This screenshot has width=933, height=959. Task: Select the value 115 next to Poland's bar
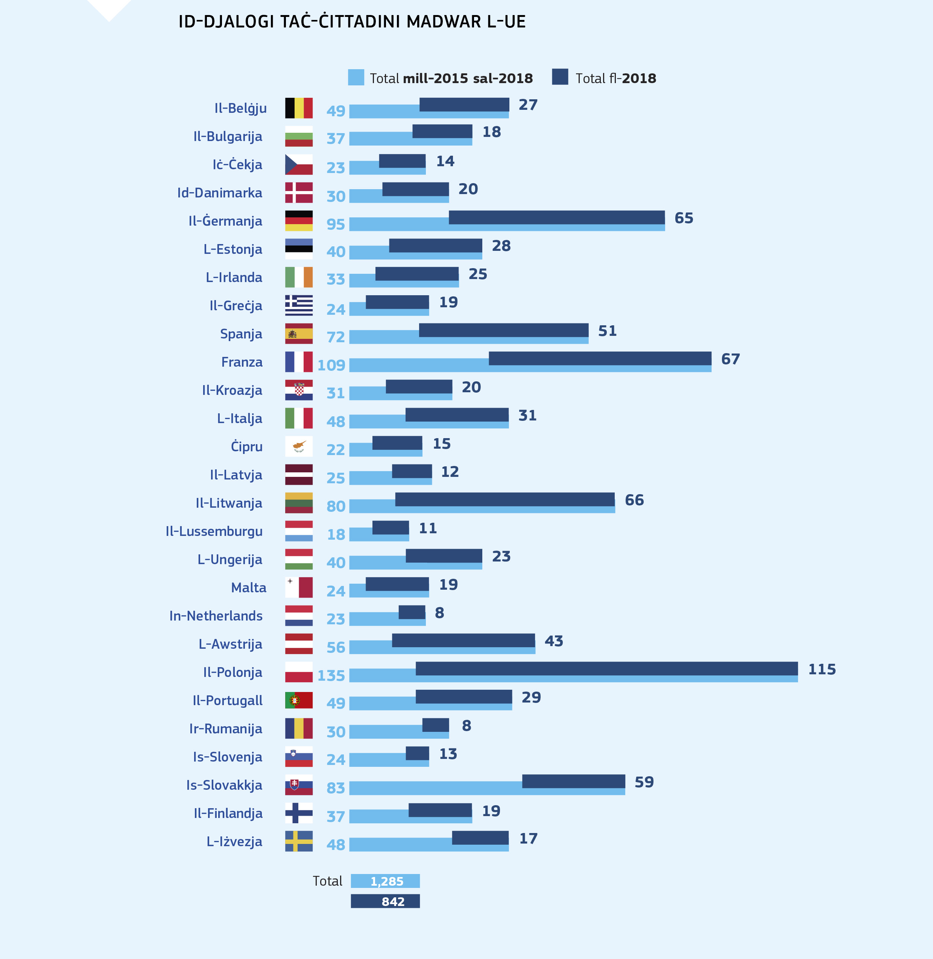click(x=821, y=669)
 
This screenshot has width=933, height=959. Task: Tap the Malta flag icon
click(x=298, y=587)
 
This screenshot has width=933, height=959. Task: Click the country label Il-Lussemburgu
click(x=214, y=531)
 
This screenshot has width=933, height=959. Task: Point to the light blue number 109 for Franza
click(x=331, y=365)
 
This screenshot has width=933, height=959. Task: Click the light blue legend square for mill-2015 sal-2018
click(x=356, y=77)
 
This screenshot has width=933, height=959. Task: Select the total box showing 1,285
click(x=385, y=881)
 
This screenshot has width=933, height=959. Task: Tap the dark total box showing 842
click(x=385, y=901)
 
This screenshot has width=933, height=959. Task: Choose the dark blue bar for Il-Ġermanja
click(x=557, y=217)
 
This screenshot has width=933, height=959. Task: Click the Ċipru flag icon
click(x=298, y=446)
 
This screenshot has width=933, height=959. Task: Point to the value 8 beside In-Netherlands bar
click(x=439, y=613)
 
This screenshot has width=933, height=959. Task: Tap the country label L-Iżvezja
click(x=234, y=841)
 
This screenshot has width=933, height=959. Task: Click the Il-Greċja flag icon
click(x=298, y=305)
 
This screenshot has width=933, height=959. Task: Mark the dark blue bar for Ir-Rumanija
click(x=435, y=725)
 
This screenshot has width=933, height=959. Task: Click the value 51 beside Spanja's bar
click(x=607, y=331)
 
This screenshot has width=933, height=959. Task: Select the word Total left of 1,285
click(x=327, y=881)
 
